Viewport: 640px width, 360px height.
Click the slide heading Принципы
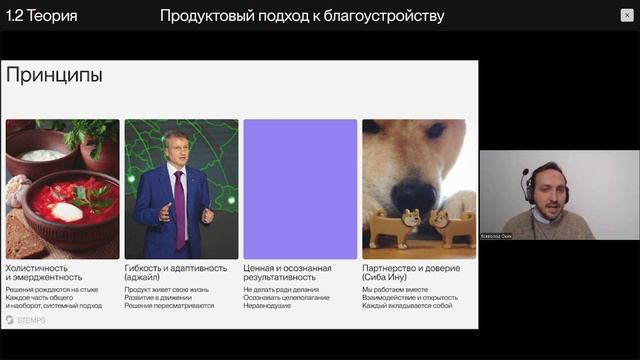pyautogui.click(x=54, y=75)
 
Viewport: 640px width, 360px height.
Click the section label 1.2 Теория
pyautogui.click(x=41, y=16)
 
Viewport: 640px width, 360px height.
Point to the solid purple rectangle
pyautogui.click(x=300, y=189)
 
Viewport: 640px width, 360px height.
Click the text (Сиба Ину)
pyautogui.click(x=384, y=279)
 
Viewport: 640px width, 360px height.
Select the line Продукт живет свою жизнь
pyautogui.click(x=167, y=290)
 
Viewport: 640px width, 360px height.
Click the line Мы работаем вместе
pyautogui.click(x=395, y=290)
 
